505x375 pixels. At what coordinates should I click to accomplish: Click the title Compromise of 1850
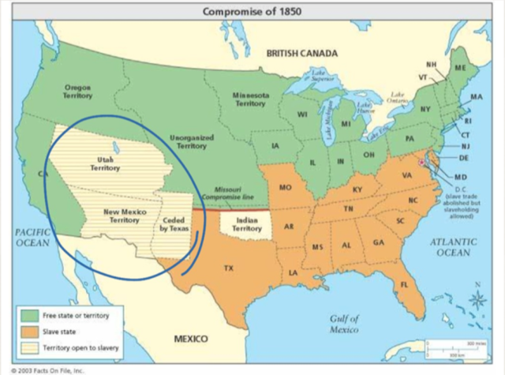251,11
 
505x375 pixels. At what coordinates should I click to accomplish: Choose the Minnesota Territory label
250,99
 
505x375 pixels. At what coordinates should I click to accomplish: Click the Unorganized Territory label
191,141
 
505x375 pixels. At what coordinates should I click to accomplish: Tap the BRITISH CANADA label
301,53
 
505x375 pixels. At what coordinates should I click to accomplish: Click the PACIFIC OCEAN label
32,237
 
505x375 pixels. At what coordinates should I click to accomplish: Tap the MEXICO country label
190,339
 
